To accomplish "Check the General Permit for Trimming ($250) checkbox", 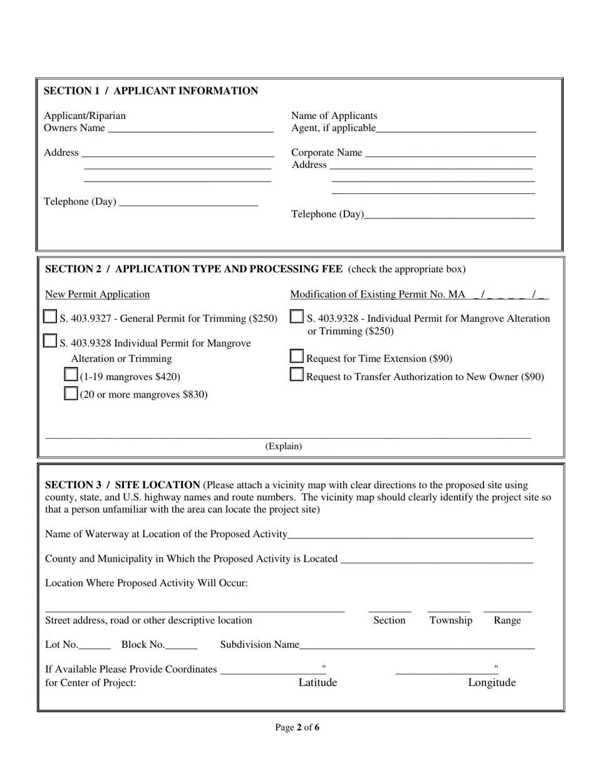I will tap(50, 317).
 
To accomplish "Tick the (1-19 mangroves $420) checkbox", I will tap(71, 375).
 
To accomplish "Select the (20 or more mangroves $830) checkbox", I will tap(71, 393).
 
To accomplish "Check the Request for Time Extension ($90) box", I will tap(297, 357).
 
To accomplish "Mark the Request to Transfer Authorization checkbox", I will tap(297, 375).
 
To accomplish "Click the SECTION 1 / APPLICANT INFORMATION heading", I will tap(150, 91).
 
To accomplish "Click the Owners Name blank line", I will tap(190, 129).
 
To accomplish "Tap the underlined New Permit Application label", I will tap(97, 295).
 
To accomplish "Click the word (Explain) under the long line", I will tap(283, 446).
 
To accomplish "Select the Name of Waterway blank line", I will tap(410, 535).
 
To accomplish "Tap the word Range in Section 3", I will tap(507, 620).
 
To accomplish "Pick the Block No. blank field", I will tap(182, 645).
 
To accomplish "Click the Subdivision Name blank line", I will tap(416, 645).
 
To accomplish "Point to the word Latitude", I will tap(318, 682).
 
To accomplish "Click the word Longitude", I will tap(492, 682).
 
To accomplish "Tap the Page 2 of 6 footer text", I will tap(297, 727).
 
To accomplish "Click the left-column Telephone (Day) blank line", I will tap(188, 202).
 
